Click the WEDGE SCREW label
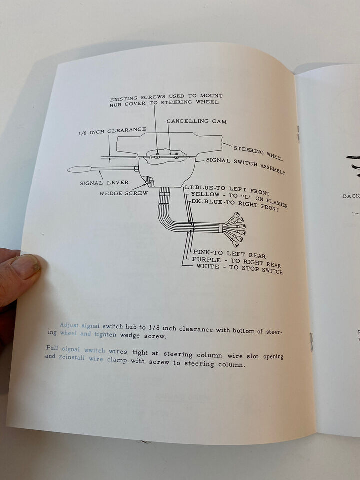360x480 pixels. click(123, 193)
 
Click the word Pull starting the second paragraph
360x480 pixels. click(53, 348)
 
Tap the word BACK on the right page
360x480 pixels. click(351, 196)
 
